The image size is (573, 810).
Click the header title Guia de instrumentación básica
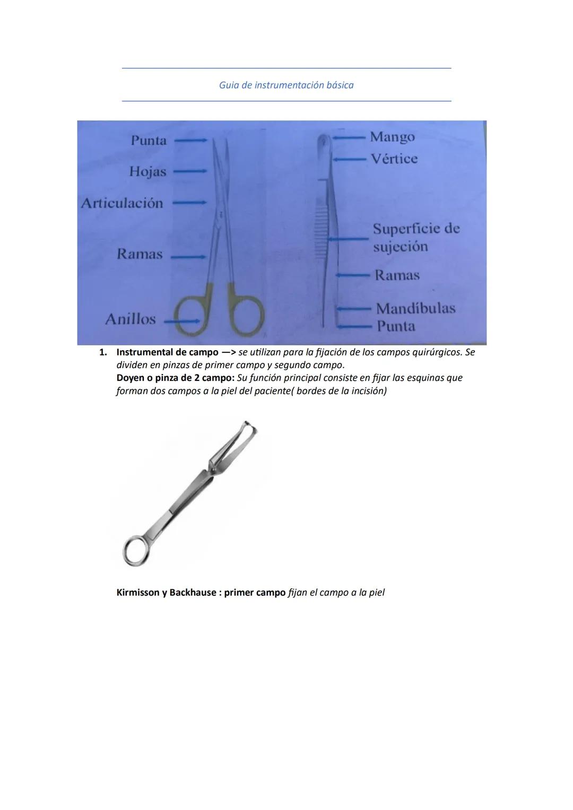tap(286, 85)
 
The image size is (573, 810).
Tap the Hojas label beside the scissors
tap(147, 172)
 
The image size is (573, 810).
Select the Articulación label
tap(122, 203)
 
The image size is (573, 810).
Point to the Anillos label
tap(131, 319)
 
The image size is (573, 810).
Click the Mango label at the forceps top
tap(392, 137)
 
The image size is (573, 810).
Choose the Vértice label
tap(394, 159)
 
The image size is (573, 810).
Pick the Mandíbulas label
tap(415, 308)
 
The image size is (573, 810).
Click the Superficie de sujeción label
tap(415, 237)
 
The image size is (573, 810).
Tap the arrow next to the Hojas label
tap(189, 171)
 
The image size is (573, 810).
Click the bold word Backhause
tap(193, 592)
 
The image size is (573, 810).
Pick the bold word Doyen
tap(131, 378)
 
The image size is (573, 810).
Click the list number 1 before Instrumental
tap(103, 352)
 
